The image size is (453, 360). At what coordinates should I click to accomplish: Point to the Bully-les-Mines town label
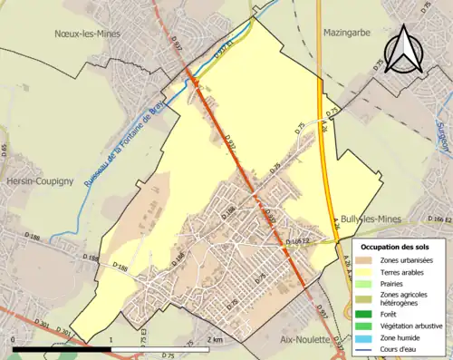point(375,219)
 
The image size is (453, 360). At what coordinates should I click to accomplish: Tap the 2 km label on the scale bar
point(214,339)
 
